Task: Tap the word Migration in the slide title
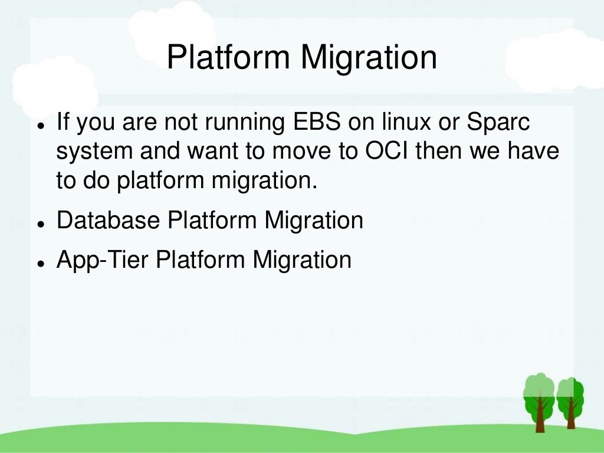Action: (x=369, y=58)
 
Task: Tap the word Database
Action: (x=108, y=221)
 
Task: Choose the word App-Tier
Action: (x=102, y=260)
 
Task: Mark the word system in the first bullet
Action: (x=94, y=152)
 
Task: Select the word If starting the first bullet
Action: (x=63, y=123)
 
